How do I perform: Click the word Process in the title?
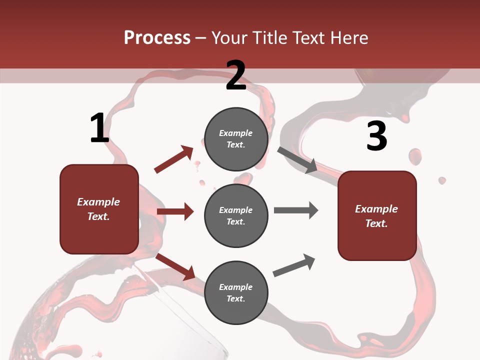pyautogui.click(x=157, y=38)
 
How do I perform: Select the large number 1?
pyautogui.click(x=99, y=128)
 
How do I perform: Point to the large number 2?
pyautogui.click(x=236, y=76)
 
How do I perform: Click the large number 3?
pyautogui.click(x=376, y=136)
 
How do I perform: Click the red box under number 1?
pyautogui.click(x=99, y=209)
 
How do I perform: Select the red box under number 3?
pyautogui.click(x=377, y=215)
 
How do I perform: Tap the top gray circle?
pyautogui.click(x=236, y=139)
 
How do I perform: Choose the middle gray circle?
pyautogui.click(x=236, y=215)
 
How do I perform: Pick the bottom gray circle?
pyautogui.click(x=236, y=292)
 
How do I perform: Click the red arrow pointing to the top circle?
pyautogui.click(x=173, y=159)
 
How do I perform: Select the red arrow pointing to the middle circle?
pyautogui.click(x=175, y=211)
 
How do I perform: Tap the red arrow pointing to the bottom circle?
pyautogui.click(x=175, y=267)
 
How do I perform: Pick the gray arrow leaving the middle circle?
pyautogui.click(x=296, y=210)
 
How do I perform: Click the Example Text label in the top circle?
pyautogui.click(x=236, y=139)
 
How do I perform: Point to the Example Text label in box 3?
pyautogui.click(x=376, y=216)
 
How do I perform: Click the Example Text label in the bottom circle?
pyautogui.click(x=236, y=292)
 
